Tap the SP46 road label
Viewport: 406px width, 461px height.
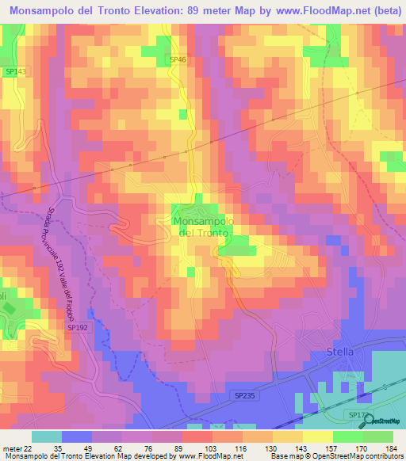pos(177,59)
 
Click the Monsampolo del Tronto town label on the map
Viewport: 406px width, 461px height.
pos(201,228)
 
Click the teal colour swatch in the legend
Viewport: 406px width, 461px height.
pos(47,436)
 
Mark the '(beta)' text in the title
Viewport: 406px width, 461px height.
pos(373,10)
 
